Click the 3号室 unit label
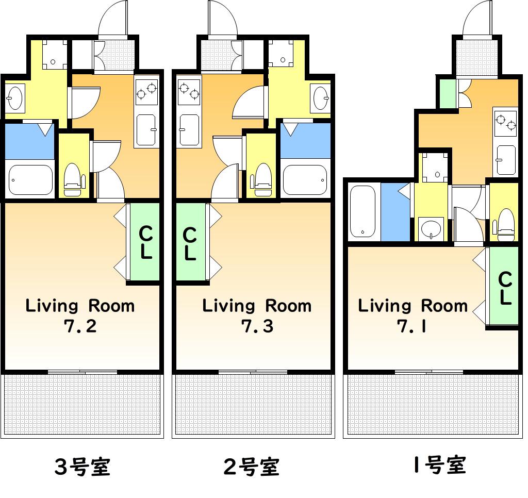click(82, 467)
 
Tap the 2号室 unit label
click(252, 467)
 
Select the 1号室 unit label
click(439, 465)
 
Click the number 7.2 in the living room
click(80, 326)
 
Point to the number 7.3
click(257, 326)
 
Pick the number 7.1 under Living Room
click(412, 326)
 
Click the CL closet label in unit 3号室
click(146, 243)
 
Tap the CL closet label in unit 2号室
click(190, 244)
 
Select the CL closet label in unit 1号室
click(505, 288)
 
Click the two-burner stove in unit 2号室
click(189, 90)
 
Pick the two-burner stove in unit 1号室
click(505, 123)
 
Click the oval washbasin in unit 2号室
click(321, 98)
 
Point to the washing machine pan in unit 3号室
click(54, 55)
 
